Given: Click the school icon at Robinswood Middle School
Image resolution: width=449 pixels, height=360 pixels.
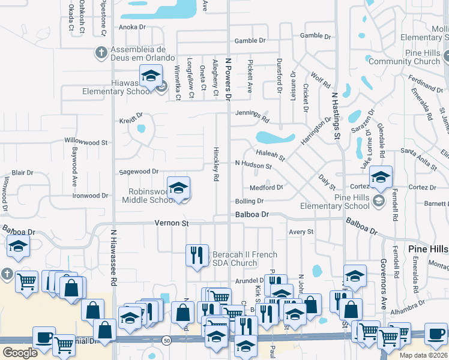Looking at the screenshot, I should tap(178, 189).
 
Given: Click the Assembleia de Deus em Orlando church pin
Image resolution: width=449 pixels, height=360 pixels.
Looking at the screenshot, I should tap(100, 53).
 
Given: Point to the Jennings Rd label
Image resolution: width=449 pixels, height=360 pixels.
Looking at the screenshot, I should tap(252, 113).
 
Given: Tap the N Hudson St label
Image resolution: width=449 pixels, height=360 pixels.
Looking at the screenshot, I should tap(253, 164).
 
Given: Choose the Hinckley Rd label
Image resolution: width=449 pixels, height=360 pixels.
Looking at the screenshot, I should tap(215, 164).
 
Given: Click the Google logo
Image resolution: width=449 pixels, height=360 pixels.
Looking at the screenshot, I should tap(20, 353).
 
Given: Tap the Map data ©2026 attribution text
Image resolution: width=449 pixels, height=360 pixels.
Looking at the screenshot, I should tap(423, 355).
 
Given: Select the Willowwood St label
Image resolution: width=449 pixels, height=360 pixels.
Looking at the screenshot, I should tap(86, 143).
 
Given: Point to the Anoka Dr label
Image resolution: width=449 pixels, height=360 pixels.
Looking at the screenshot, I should tap(132, 28).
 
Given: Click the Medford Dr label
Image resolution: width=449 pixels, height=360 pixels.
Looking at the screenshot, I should tap(266, 187).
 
